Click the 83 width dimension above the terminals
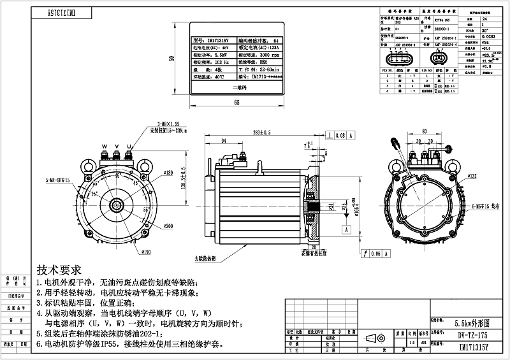tap(424, 132)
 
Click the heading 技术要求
tap(59, 269)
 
